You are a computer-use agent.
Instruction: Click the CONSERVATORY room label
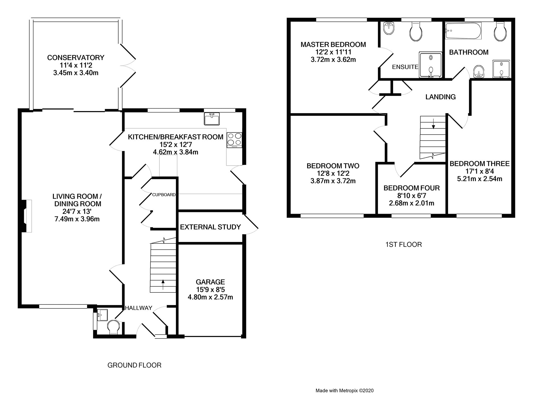tap(76, 58)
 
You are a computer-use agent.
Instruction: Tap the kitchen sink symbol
tap(212, 119)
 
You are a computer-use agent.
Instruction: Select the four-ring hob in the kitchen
tap(234, 140)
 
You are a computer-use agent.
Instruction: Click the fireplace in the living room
tap(27, 216)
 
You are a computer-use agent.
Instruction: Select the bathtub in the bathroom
tap(463, 31)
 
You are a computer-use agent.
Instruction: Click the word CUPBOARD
tap(164, 195)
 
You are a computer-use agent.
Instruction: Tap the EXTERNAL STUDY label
tap(210, 227)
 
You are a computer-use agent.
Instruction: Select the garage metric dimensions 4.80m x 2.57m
tap(210, 297)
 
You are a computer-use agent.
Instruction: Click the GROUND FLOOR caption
tap(134, 365)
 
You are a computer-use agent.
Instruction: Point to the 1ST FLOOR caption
tap(403, 245)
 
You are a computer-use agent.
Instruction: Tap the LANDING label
tap(440, 97)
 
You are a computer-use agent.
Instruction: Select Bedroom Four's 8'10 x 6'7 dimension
tap(412, 195)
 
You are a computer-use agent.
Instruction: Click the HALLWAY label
tap(138, 308)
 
